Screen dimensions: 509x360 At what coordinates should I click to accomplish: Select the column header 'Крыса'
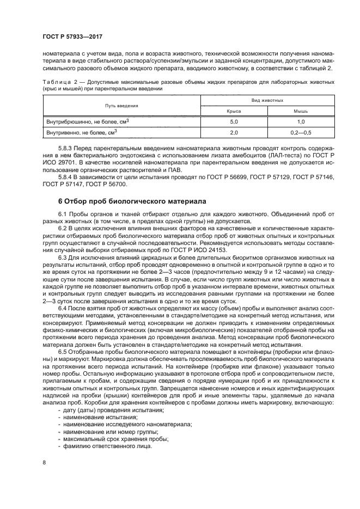pos(234,111)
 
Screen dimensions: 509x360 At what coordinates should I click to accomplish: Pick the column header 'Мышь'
pos(301,111)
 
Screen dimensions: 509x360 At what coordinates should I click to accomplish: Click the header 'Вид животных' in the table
pos(267,101)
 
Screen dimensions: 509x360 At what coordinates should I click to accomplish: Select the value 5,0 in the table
pos(234,121)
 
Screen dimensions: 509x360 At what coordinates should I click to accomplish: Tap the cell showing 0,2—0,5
pos(301,132)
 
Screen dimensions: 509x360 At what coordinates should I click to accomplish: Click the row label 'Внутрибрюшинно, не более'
pos(87,121)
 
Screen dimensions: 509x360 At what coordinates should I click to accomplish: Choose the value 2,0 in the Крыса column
pos(234,132)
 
